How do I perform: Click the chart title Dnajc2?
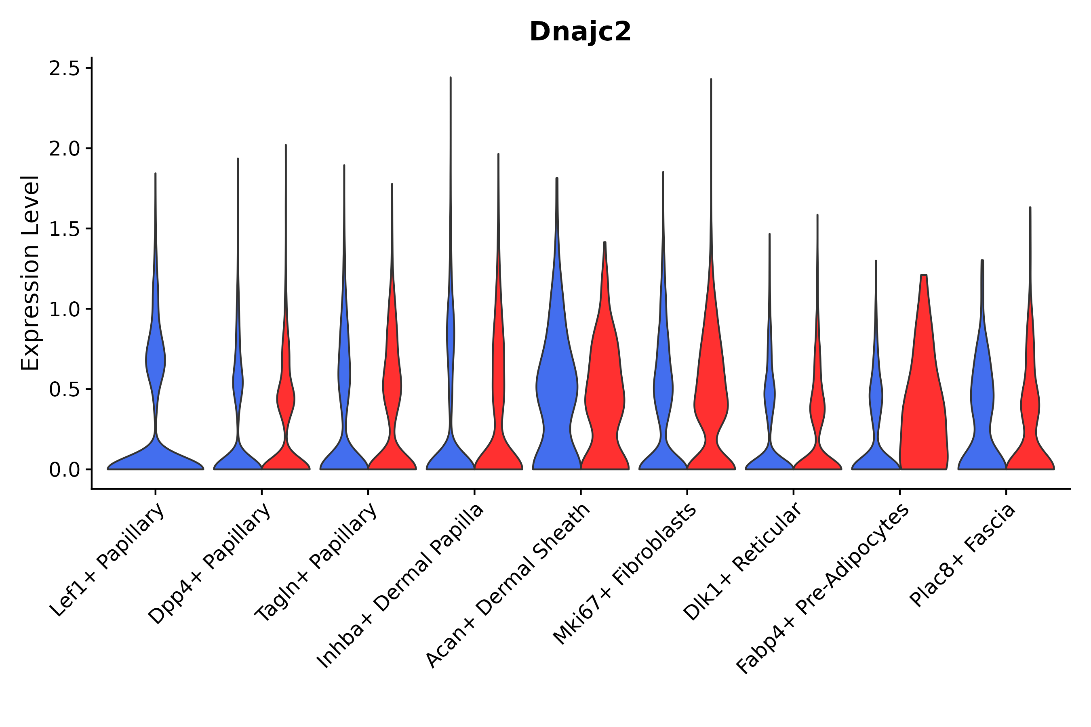pyautogui.click(x=580, y=32)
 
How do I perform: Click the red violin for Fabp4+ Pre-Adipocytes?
pyautogui.click(x=923, y=417)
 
